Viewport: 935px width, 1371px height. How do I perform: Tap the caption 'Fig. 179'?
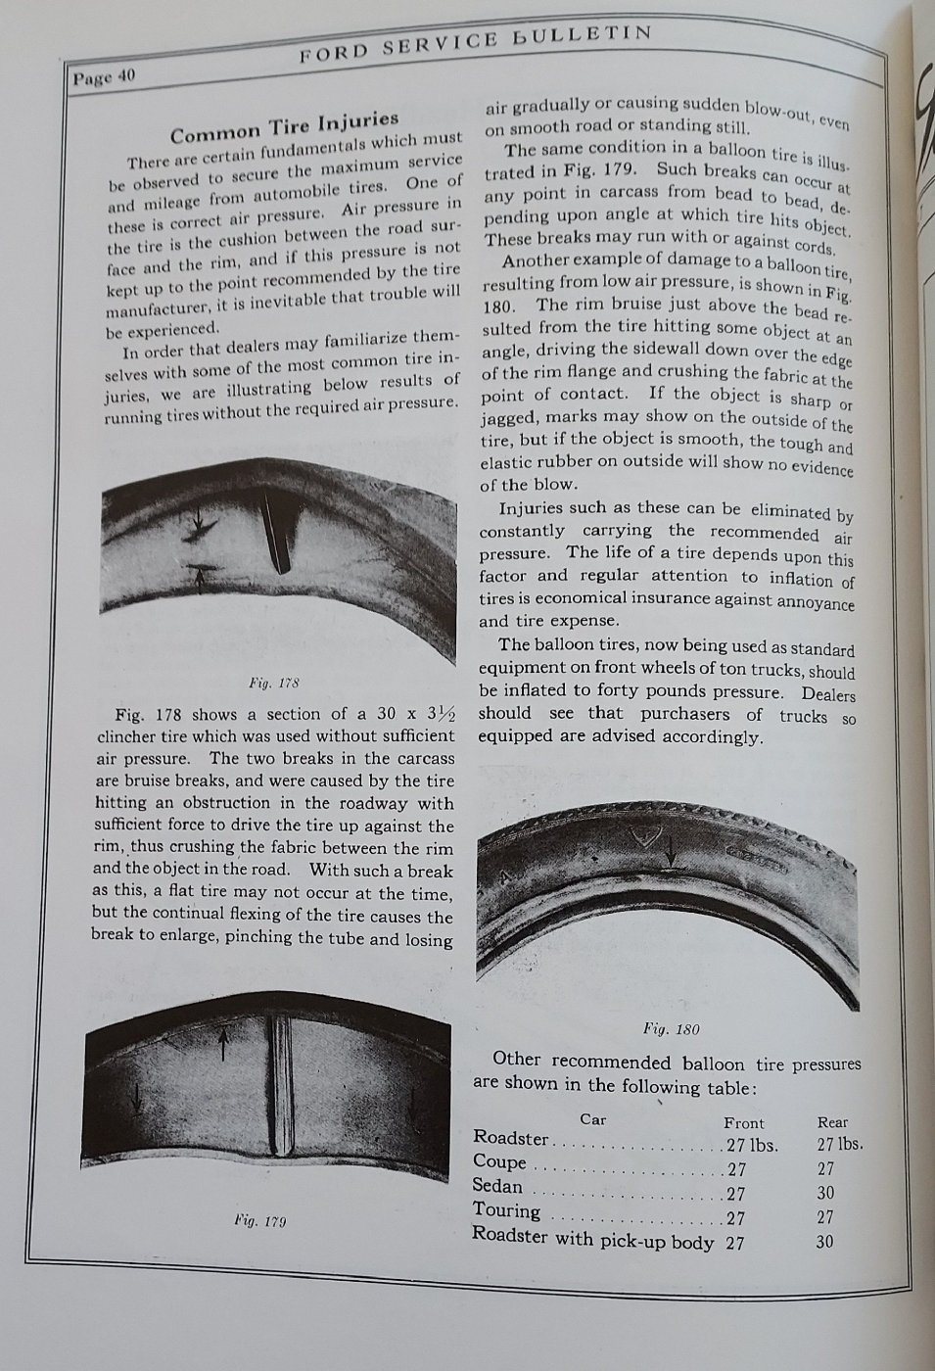coord(259,1220)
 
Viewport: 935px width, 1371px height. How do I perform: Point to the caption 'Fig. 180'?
coord(671,1028)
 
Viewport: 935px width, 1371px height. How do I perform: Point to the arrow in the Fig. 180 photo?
coord(670,856)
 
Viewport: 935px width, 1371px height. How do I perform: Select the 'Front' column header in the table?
coord(743,1122)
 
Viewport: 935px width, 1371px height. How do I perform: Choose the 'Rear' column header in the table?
coord(832,1122)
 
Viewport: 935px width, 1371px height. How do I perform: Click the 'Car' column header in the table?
coord(593,1118)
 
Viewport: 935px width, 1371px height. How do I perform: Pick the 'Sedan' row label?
coord(498,1186)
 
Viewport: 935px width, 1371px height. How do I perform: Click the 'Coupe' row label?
coord(499,1162)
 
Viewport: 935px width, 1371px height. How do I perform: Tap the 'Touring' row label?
coord(506,1210)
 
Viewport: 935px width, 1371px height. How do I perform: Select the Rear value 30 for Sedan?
coord(826,1193)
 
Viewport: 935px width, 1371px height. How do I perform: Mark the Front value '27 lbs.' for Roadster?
coord(751,1145)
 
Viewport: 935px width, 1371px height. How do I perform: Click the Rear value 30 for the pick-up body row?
coord(826,1241)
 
